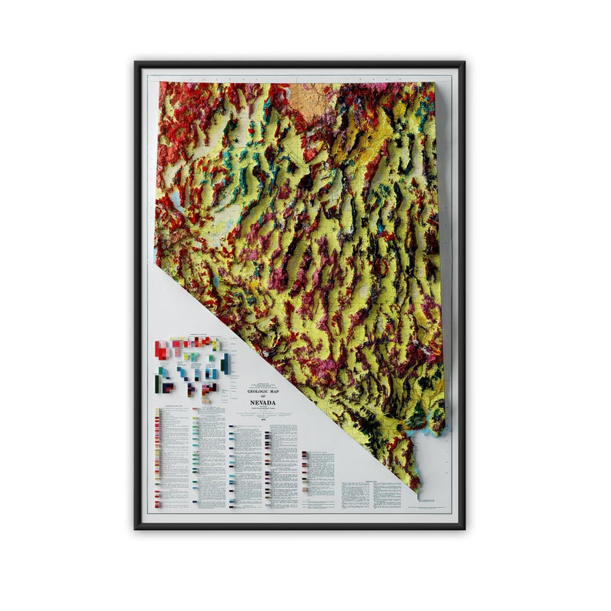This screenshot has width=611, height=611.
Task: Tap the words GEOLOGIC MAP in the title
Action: click(262, 390)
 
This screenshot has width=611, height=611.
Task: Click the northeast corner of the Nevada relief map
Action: click(435, 83)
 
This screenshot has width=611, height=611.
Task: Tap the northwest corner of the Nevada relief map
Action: click(159, 83)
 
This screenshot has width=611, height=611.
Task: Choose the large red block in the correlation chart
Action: click(162, 350)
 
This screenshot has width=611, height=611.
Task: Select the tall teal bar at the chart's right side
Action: click(225, 362)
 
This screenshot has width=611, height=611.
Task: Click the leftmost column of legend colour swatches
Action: click(157, 457)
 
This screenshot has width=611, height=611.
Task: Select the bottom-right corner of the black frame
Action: click(464, 528)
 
